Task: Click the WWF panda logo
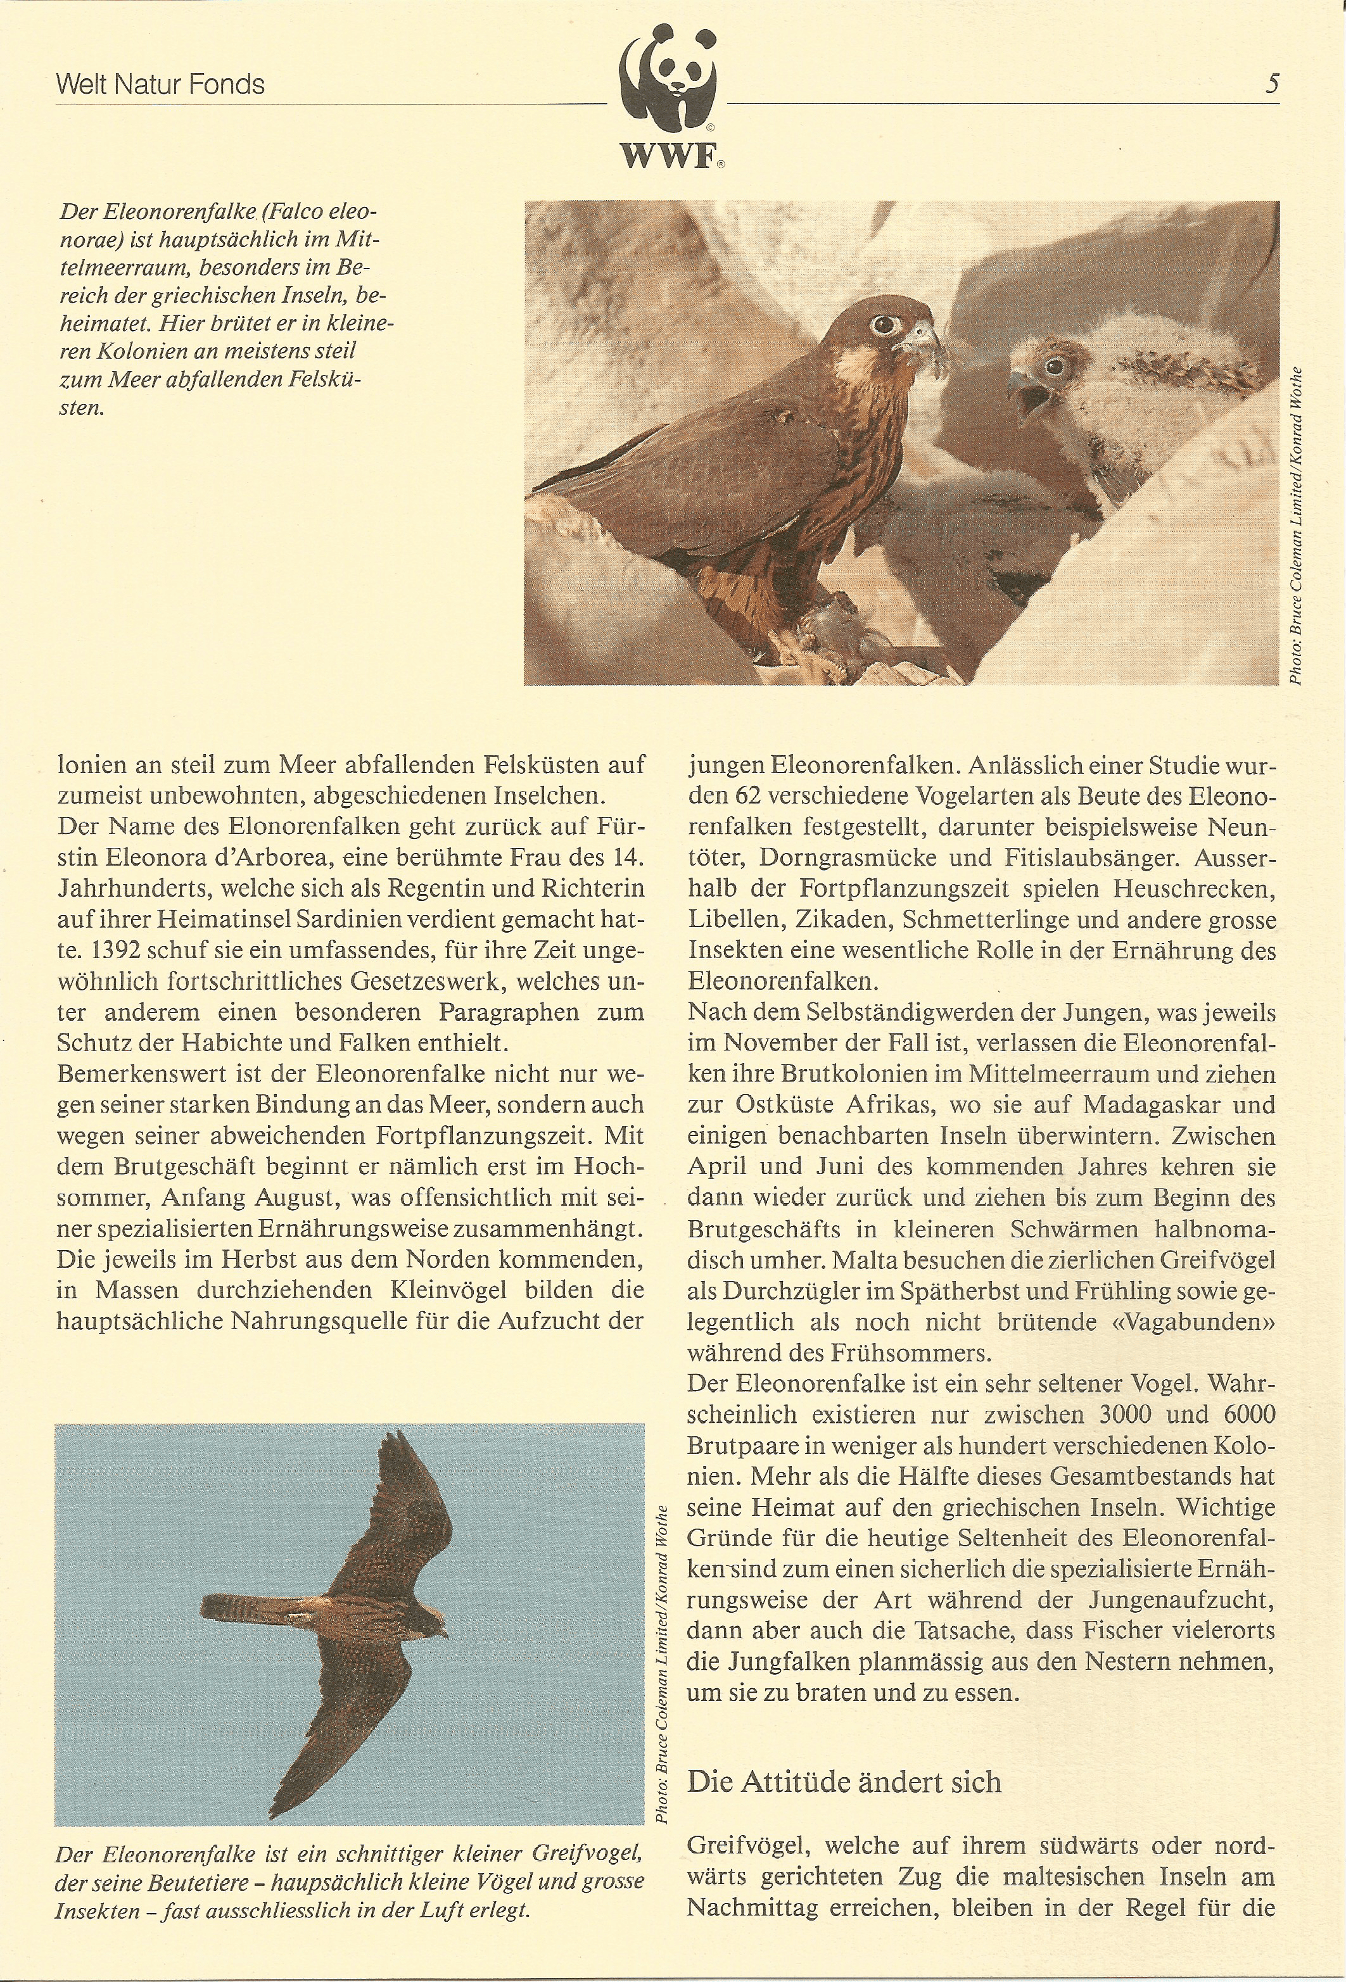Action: [x=668, y=86]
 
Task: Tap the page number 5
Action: [x=1272, y=84]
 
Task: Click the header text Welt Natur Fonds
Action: [x=160, y=84]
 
